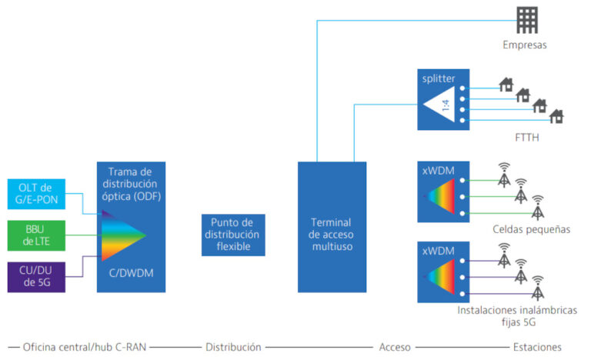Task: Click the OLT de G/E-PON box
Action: pyautogui.click(x=36, y=194)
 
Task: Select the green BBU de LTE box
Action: pyautogui.click(x=36, y=235)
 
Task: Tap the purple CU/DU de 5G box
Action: pyautogui.click(x=36, y=277)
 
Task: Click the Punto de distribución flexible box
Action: pyautogui.click(x=233, y=235)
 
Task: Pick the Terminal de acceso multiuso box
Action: pyautogui.click(x=332, y=227)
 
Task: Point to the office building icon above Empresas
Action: pyautogui.click(x=527, y=20)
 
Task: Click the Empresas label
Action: pyautogui.click(x=524, y=45)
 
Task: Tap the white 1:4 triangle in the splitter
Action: pyautogui.click(x=439, y=105)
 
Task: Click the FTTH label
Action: pyautogui.click(x=527, y=137)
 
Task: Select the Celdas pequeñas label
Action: pyautogui.click(x=531, y=229)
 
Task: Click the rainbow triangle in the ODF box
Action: pyautogui.click(x=123, y=235)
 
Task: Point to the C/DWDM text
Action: pyautogui.click(x=131, y=273)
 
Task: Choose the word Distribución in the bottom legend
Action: pyautogui.click(x=233, y=347)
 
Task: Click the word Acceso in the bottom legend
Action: pyautogui.click(x=395, y=347)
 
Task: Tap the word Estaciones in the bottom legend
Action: pyautogui.click(x=537, y=347)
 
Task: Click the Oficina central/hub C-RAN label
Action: pyautogui.click(x=85, y=347)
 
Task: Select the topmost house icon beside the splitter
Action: pyautogui.click(x=506, y=85)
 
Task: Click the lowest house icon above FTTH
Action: pyautogui.click(x=556, y=116)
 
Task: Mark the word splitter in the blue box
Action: pyautogui.click(x=439, y=78)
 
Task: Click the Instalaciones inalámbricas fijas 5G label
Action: pyautogui.click(x=517, y=316)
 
